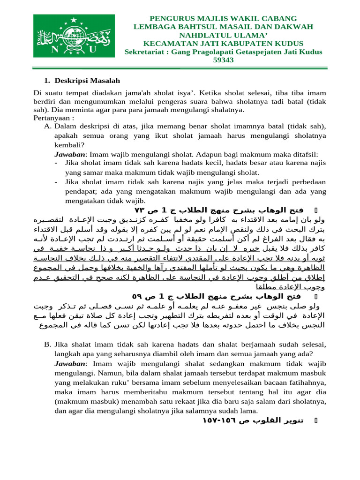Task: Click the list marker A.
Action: tap(47, 127)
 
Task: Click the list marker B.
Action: tap(47, 344)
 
